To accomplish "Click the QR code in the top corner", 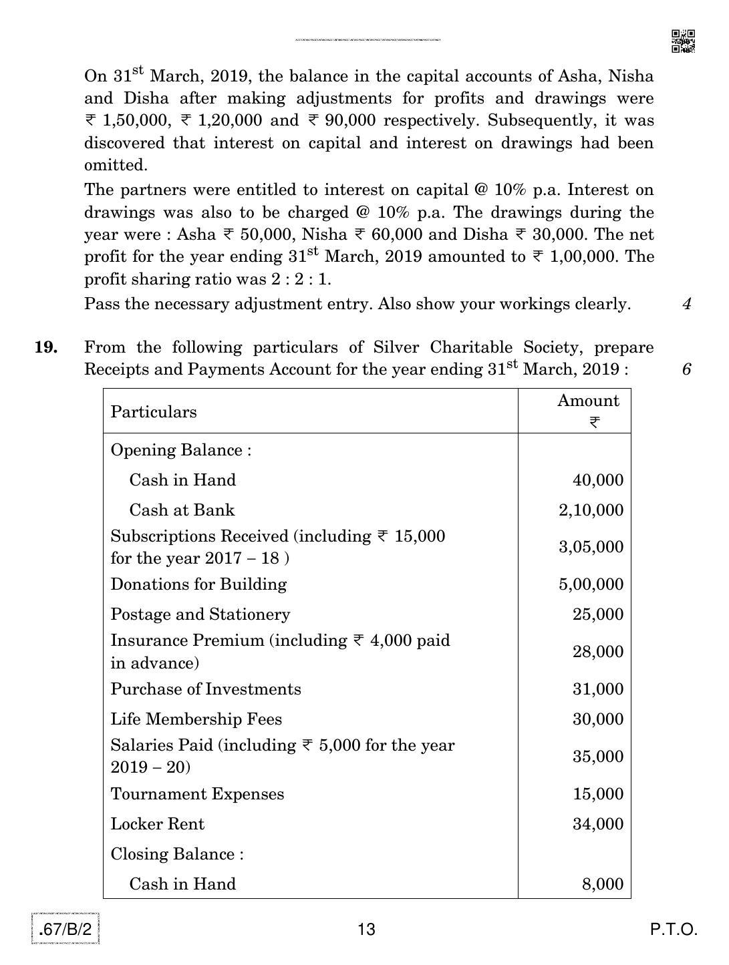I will pyautogui.click(x=683, y=41).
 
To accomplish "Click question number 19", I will pyautogui.click(x=45, y=347).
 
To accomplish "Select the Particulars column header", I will pyautogui.click(x=154, y=412).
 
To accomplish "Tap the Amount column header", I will pyautogui.click(x=588, y=401).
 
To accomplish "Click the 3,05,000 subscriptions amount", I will pyautogui.click(x=591, y=547).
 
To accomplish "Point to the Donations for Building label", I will pyautogui.click(x=198, y=584).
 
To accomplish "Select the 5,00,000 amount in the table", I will pyautogui.click(x=591, y=584).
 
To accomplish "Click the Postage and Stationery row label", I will pyautogui.click(x=200, y=614).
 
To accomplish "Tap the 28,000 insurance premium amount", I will pyautogui.click(x=597, y=652).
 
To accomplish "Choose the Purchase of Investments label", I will pyautogui.click(x=206, y=689).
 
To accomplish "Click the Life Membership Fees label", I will pyautogui.click(x=196, y=719).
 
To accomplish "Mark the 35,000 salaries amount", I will pyautogui.click(x=597, y=757).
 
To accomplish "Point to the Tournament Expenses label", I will pyautogui.click(x=197, y=794).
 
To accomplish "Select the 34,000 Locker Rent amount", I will pyautogui.click(x=597, y=824).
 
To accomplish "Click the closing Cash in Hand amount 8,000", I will pyautogui.click(x=602, y=884).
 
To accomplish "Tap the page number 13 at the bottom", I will pyautogui.click(x=367, y=930).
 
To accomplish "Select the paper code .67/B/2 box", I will pyautogui.click(x=65, y=930).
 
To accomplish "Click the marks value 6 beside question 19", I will pyautogui.click(x=686, y=369).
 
